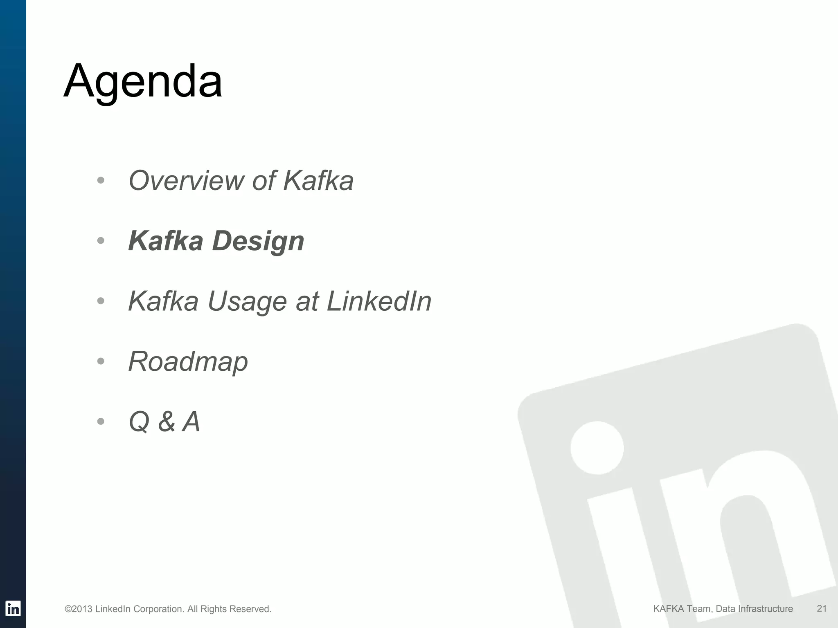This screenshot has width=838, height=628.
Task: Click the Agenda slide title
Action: click(143, 81)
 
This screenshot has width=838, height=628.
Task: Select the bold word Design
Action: click(258, 241)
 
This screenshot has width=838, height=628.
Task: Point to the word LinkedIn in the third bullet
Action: click(379, 301)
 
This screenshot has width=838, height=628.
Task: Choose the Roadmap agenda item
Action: click(188, 362)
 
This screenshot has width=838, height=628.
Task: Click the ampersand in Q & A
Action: click(167, 422)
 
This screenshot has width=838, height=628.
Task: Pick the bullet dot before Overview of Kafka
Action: click(101, 180)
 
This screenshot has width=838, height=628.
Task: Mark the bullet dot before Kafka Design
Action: click(101, 241)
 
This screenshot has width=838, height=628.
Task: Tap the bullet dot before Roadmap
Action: click(101, 361)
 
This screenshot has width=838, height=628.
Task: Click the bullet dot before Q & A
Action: click(101, 422)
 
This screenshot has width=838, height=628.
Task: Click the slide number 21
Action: click(822, 608)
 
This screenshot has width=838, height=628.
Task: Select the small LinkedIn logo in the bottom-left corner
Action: click(13, 608)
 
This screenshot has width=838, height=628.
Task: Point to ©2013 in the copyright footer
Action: click(79, 609)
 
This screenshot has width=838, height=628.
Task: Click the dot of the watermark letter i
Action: click(597, 448)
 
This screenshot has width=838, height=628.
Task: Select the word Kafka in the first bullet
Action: click(318, 181)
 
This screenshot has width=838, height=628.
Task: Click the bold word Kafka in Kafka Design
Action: click(165, 241)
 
